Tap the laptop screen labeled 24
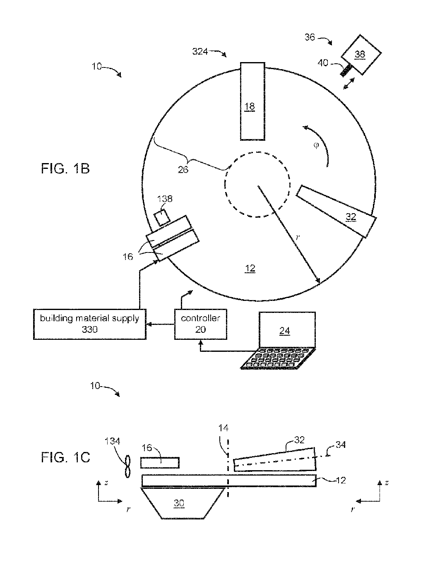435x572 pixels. point(287,330)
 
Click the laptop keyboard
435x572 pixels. point(278,358)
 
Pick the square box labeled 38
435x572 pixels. point(361,55)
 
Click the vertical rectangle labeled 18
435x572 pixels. point(252,101)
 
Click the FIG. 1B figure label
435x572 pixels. point(65,168)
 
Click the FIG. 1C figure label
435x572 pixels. point(65,457)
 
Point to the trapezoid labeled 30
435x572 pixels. point(183,503)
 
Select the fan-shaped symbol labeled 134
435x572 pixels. point(127,466)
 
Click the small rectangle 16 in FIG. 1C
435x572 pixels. point(160,462)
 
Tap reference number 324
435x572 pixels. point(200,51)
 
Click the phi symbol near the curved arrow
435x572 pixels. point(316,145)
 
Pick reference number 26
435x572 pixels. point(183,170)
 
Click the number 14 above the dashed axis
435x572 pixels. point(223,428)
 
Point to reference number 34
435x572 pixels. point(341,445)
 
